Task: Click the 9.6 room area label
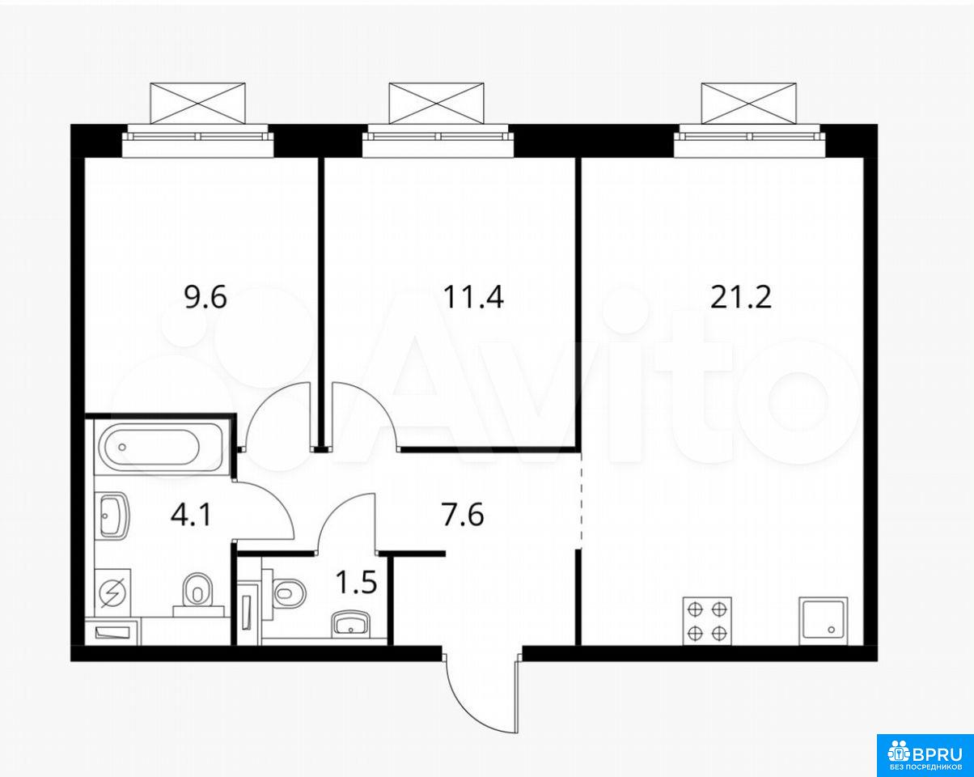coord(205,298)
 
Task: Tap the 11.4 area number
coord(473,298)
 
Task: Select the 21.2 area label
coord(741,298)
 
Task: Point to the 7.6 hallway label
coord(464,516)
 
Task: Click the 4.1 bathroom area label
coord(191,516)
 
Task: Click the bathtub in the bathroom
coord(159,448)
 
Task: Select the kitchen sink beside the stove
coord(824,620)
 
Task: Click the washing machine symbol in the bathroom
coord(112,593)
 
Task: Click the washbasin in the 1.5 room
coord(351,624)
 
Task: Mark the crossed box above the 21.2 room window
coord(749,104)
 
